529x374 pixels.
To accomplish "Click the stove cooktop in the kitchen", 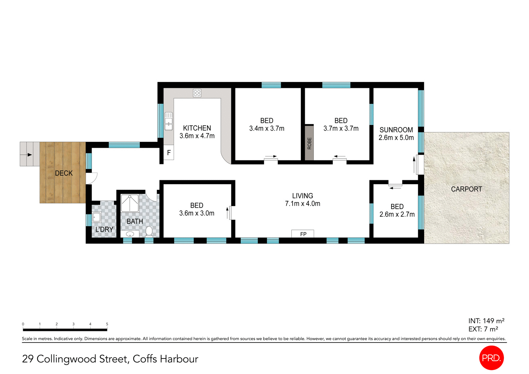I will point(197,93).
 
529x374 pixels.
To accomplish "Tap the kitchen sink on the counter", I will point(169,121).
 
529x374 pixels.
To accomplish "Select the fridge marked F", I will point(169,153).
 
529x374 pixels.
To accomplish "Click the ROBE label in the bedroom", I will point(309,143).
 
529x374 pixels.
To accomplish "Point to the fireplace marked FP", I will point(303,234).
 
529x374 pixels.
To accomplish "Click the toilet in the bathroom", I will point(149,231).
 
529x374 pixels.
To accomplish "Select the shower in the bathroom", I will point(130,203).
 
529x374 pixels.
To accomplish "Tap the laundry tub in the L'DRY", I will point(97,217).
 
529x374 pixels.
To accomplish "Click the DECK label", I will point(64,173).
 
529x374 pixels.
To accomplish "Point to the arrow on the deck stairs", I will point(30,154).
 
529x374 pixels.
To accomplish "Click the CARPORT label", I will point(467,189).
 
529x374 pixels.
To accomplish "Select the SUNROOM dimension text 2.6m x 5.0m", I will point(396,138).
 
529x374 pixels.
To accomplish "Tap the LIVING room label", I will point(303,196).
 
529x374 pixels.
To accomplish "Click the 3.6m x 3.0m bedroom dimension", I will point(197,213).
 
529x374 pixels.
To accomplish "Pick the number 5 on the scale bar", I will point(107,324).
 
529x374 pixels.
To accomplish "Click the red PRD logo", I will point(491,358).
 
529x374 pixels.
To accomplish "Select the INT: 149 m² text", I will point(486,321).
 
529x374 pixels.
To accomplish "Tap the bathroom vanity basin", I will point(130,234).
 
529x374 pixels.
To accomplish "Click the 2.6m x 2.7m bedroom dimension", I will point(397,214).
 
